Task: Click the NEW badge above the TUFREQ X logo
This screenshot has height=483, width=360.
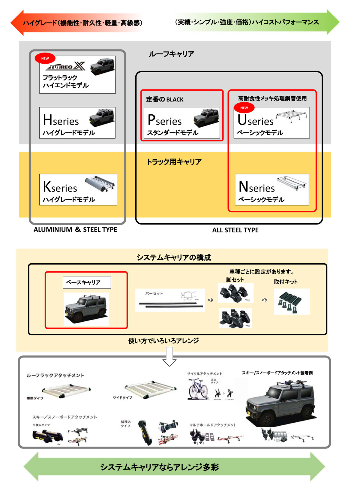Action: click(45, 59)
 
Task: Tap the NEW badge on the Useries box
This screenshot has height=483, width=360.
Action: click(244, 108)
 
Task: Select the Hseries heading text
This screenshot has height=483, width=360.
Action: click(61, 120)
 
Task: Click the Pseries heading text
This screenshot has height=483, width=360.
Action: click(165, 120)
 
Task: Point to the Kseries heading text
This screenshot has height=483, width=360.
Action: click(60, 187)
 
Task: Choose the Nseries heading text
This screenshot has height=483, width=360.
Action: click(257, 187)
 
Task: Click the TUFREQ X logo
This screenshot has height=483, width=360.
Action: click(67, 66)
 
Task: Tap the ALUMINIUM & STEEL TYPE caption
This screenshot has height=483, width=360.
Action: click(75, 230)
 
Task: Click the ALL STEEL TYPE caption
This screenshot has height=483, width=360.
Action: click(235, 230)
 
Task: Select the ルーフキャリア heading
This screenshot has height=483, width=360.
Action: click(171, 54)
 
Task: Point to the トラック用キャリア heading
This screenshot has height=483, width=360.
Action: click(174, 162)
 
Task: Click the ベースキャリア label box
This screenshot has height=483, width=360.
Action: click(87, 282)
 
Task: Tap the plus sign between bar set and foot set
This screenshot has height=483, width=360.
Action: click(211, 300)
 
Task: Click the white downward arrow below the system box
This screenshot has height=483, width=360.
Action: click(169, 357)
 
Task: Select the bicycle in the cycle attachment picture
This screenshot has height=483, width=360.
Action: click(198, 389)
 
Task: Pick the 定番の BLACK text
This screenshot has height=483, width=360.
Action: click(165, 99)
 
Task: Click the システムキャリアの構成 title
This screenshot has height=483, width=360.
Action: click(174, 258)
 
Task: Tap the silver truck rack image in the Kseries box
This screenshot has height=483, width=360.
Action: click(100, 183)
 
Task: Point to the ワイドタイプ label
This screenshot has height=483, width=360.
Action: click(122, 398)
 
